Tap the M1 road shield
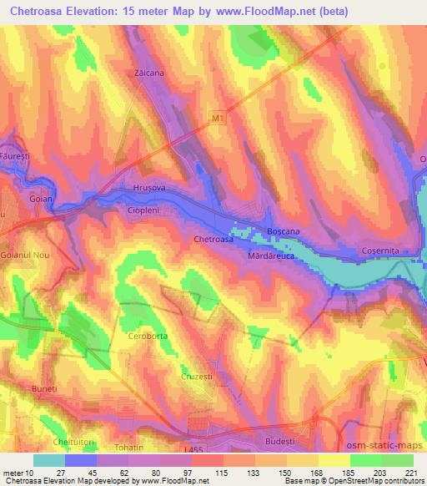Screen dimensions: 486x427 coord(218,120)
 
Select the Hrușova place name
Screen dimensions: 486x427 coord(150,188)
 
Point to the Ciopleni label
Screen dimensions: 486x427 coord(143,211)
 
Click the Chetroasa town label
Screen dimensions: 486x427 coord(213,240)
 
